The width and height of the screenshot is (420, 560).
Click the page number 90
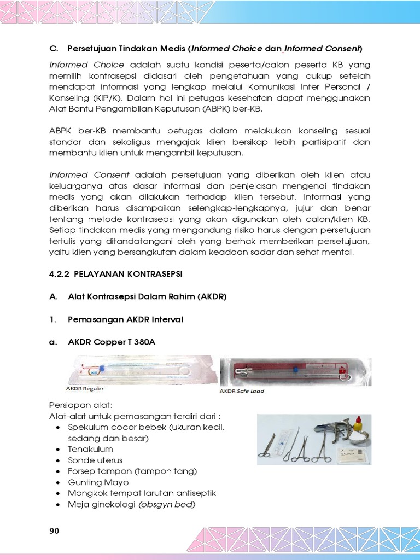pyautogui.click(x=55, y=531)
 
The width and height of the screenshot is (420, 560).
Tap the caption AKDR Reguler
pyautogui.click(x=85, y=389)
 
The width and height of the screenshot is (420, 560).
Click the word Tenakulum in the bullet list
pyautogui.click(x=90, y=450)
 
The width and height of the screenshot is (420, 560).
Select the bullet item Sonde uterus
pyautogui.click(x=95, y=460)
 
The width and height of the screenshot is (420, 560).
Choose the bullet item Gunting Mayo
pyautogui.click(x=98, y=482)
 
